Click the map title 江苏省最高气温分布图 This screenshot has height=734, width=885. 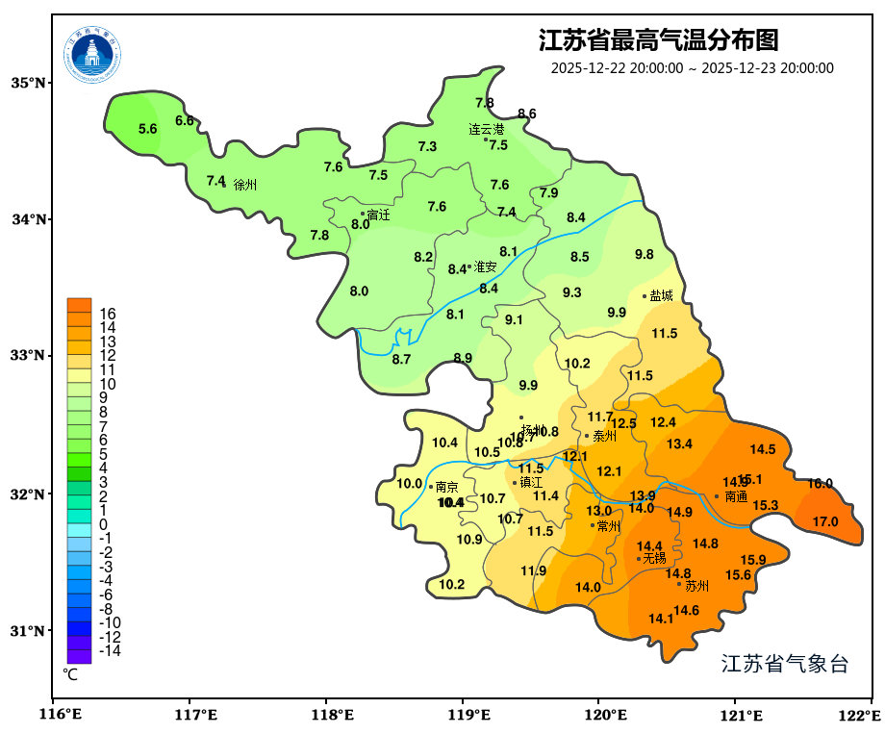(x=658, y=40)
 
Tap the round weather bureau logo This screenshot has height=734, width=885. (x=92, y=55)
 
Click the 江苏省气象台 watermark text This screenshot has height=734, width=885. (x=784, y=664)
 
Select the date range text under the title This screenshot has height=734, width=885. (x=692, y=68)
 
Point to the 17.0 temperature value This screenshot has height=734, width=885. (x=825, y=522)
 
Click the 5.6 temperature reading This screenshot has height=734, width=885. (x=147, y=129)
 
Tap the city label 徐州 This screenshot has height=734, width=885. (x=245, y=184)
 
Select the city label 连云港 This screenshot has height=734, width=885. (x=486, y=129)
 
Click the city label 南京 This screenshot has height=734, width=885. (x=446, y=487)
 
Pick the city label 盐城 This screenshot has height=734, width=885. (x=661, y=296)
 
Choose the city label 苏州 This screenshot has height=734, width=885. (x=696, y=585)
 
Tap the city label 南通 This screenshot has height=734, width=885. (x=736, y=496)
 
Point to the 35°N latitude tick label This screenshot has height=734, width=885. (x=29, y=83)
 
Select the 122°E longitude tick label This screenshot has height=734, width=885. (x=861, y=715)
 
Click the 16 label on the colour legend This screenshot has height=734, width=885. (x=108, y=314)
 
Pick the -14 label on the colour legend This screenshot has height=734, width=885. (x=110, y=651)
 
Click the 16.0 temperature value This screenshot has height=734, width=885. (x=820, y=484)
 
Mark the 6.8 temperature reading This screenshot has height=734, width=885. (x=184, y=120)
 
